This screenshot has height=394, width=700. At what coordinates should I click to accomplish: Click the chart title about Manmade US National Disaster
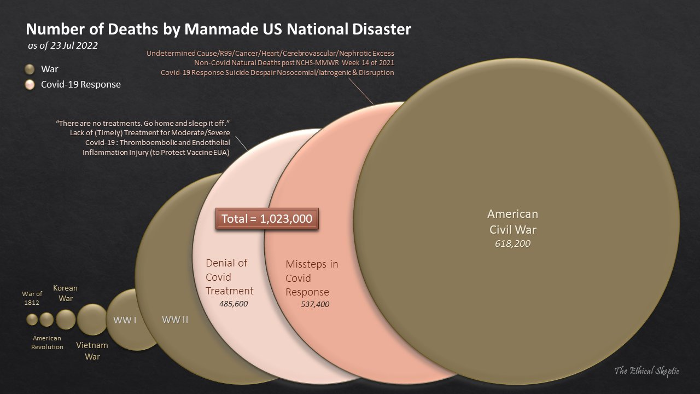218,29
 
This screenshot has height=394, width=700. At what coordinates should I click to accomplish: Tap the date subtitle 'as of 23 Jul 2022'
63,46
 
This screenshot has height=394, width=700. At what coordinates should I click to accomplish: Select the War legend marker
31,69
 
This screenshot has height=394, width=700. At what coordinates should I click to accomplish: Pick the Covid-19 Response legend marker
31,85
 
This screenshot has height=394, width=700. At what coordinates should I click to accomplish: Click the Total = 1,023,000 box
267,219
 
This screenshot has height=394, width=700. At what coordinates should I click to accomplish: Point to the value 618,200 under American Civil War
512,244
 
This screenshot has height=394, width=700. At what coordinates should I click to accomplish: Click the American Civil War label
512,222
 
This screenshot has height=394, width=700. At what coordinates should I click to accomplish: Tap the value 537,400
315,304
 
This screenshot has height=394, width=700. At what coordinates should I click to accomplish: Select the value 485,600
234,303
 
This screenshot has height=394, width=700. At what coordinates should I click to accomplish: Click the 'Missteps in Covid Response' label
312,278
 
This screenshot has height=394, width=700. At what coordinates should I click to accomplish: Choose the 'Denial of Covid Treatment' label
229,277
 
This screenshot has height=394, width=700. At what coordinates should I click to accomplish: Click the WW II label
175,320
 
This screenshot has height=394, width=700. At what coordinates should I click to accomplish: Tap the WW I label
125,320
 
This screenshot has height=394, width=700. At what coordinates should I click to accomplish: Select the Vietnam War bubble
92,320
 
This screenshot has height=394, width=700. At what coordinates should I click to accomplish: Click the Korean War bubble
66,320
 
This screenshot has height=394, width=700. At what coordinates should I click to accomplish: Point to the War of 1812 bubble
32,320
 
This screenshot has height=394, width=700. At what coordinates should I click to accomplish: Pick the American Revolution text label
47,343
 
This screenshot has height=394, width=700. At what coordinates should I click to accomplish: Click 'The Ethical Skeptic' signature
646,371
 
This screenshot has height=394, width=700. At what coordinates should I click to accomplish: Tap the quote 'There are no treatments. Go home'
142,124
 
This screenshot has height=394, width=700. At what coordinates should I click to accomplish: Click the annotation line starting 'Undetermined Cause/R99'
270,54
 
